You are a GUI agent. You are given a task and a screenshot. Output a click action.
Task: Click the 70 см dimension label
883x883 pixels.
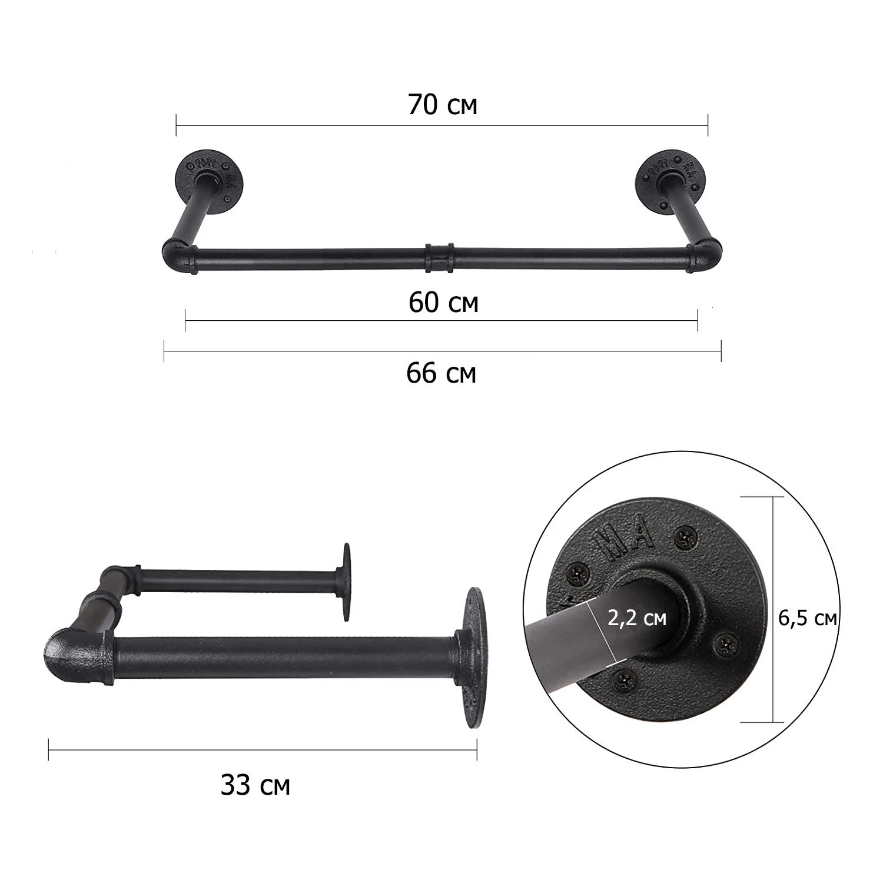(x=442, y=105)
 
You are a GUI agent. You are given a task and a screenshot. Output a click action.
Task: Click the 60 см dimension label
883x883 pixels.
(x=443, y=303)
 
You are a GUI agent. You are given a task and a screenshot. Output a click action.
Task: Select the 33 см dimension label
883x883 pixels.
(x=255, y=785)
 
